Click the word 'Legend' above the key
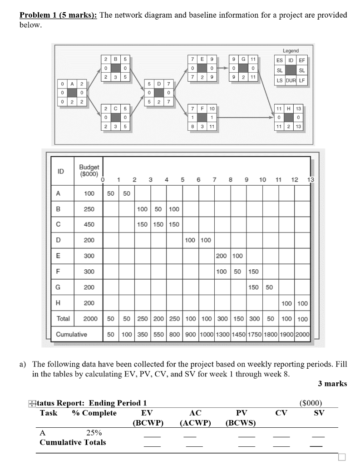291,51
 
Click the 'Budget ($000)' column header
89,170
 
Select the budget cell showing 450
89,224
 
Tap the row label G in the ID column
58,287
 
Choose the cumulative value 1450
238,334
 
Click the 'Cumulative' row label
71,334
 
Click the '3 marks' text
332,384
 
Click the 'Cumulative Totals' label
73,442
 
